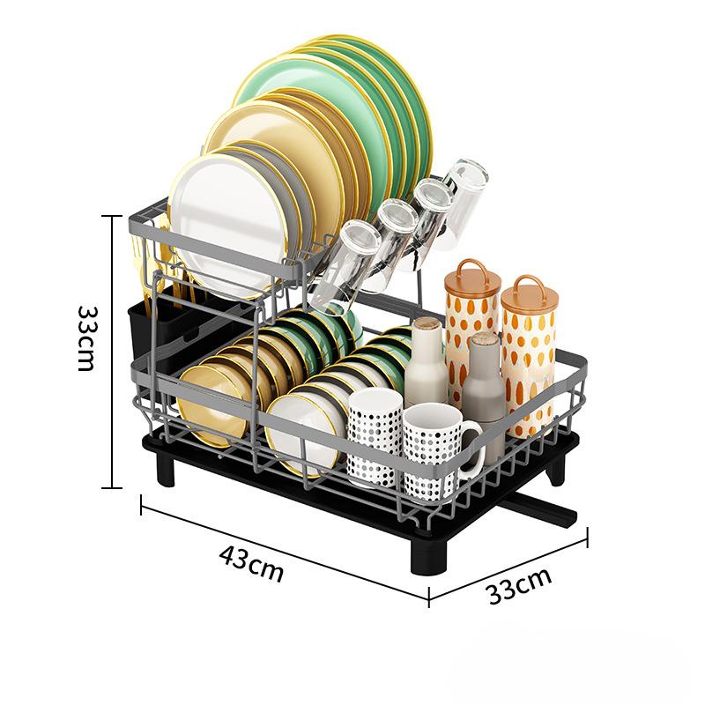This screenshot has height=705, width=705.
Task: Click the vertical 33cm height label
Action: click(86, 338)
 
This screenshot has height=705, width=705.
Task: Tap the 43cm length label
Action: click(251, 563)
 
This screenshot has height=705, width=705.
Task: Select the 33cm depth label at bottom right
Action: click(519, 586)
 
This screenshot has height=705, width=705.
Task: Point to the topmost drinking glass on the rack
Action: click(468, 197)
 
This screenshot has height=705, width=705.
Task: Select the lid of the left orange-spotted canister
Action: click(472, 278)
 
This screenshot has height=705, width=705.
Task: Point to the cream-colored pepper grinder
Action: click(426, 362)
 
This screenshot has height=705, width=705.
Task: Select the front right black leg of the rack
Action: click(430, 556)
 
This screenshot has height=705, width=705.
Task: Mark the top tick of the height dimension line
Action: click(112, 216)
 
